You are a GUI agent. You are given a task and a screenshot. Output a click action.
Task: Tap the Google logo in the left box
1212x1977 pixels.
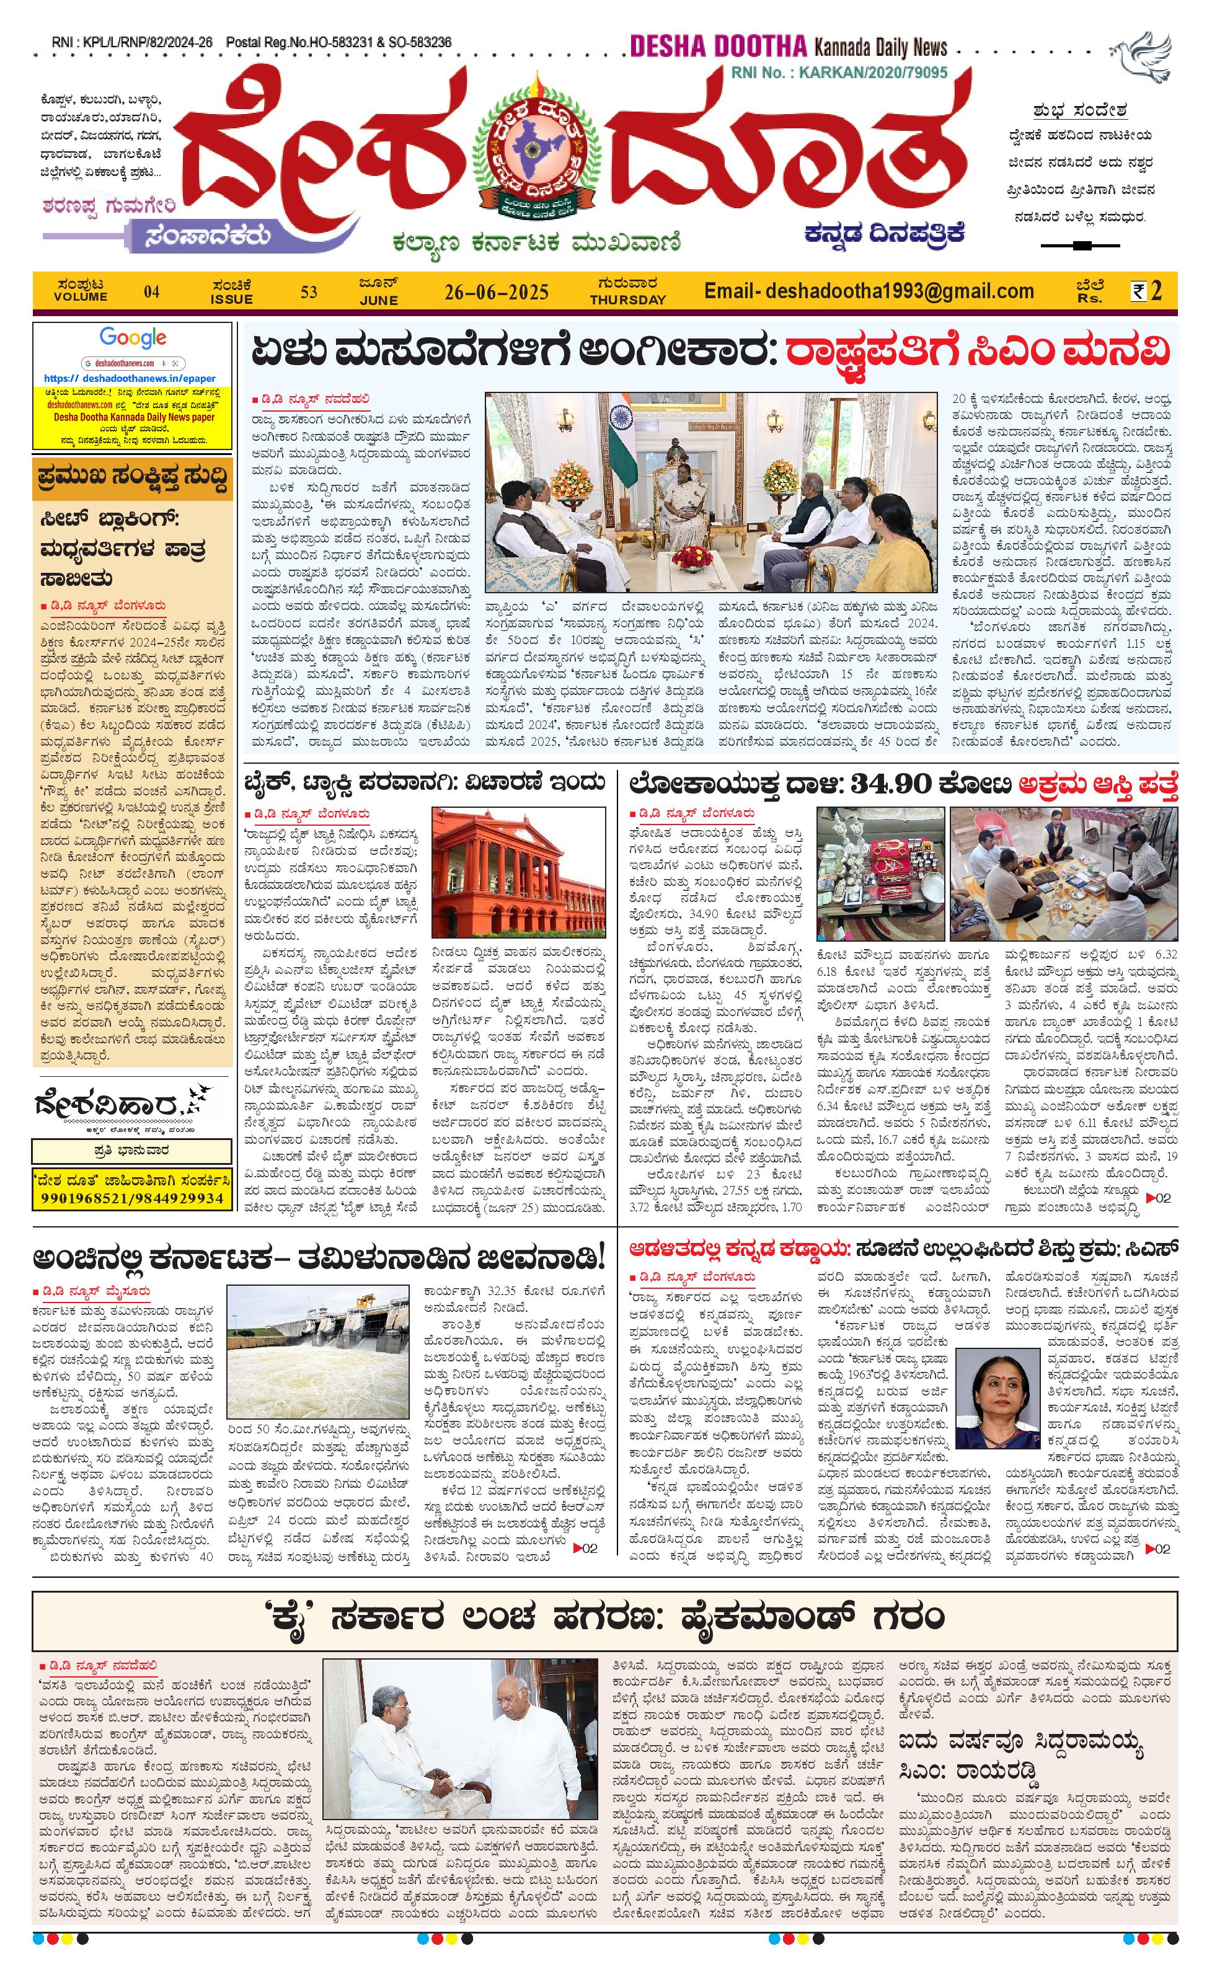(x=133, y=338)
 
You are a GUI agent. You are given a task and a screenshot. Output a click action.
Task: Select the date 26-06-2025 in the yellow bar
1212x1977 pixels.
(x=497, y=292)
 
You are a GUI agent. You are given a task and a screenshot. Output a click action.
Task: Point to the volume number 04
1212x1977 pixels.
(x=152, y=292)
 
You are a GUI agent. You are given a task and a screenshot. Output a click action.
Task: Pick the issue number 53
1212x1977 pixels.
(x=309, y=292)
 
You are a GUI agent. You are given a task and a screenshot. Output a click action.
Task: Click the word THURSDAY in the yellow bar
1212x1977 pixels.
(x=627, y=300)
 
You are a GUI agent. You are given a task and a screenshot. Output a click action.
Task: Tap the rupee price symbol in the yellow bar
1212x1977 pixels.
(x=1138, y=291)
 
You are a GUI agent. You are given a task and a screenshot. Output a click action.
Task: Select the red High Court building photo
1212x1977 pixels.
(x=518, y=872)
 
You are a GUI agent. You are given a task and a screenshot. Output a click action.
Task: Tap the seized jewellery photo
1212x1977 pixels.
(x=881, y=874)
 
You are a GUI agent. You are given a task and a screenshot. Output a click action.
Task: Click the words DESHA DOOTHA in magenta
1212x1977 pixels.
(x=717, y=47)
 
